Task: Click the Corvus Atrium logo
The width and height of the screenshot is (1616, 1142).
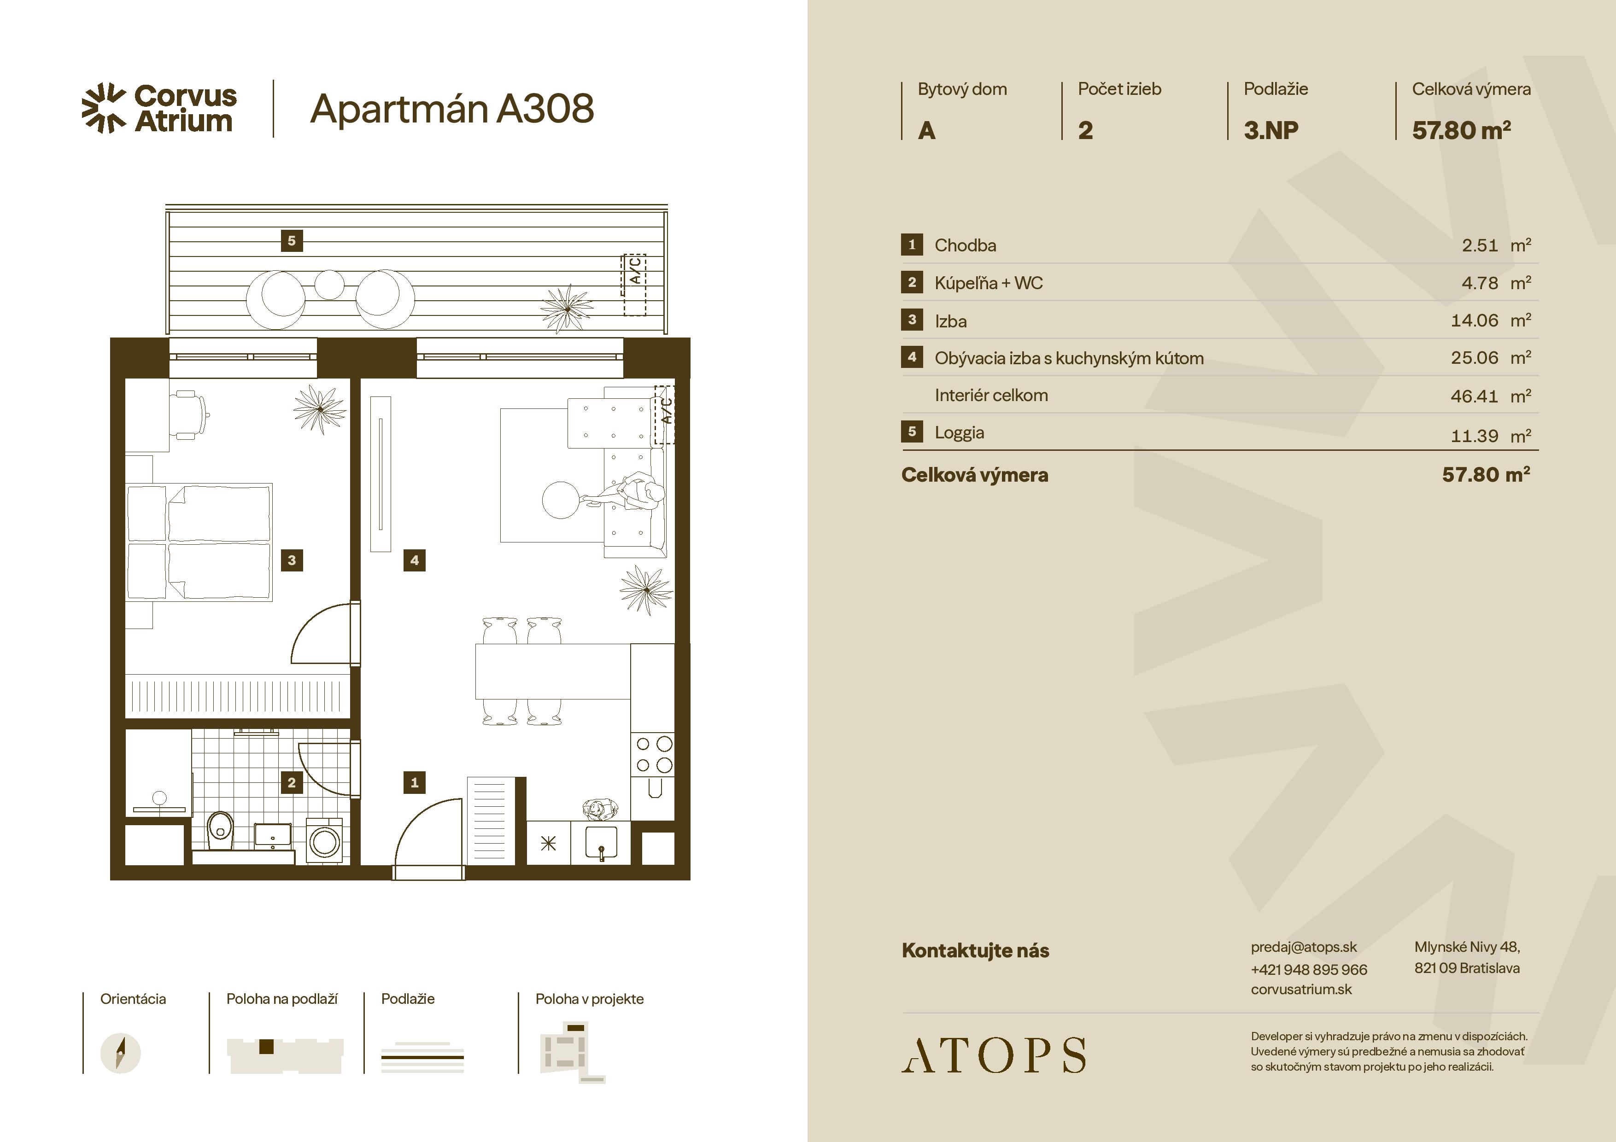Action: [159, 108]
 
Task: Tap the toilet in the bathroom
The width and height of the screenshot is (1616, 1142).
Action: [220, 830]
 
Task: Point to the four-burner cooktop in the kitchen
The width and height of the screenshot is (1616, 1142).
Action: [654, 754]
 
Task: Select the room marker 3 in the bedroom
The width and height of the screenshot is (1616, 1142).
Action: [292, 560]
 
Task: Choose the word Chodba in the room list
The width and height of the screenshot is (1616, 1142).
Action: [965, 245]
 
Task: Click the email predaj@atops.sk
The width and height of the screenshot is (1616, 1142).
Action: [1304, 947]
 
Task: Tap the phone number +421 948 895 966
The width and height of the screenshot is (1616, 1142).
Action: [1308, 969]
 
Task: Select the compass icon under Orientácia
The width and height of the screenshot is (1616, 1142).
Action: [120, 1053]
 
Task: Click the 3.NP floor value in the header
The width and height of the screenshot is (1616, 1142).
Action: [1271, 130]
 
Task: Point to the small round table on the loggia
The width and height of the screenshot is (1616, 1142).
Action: [329, 284]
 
